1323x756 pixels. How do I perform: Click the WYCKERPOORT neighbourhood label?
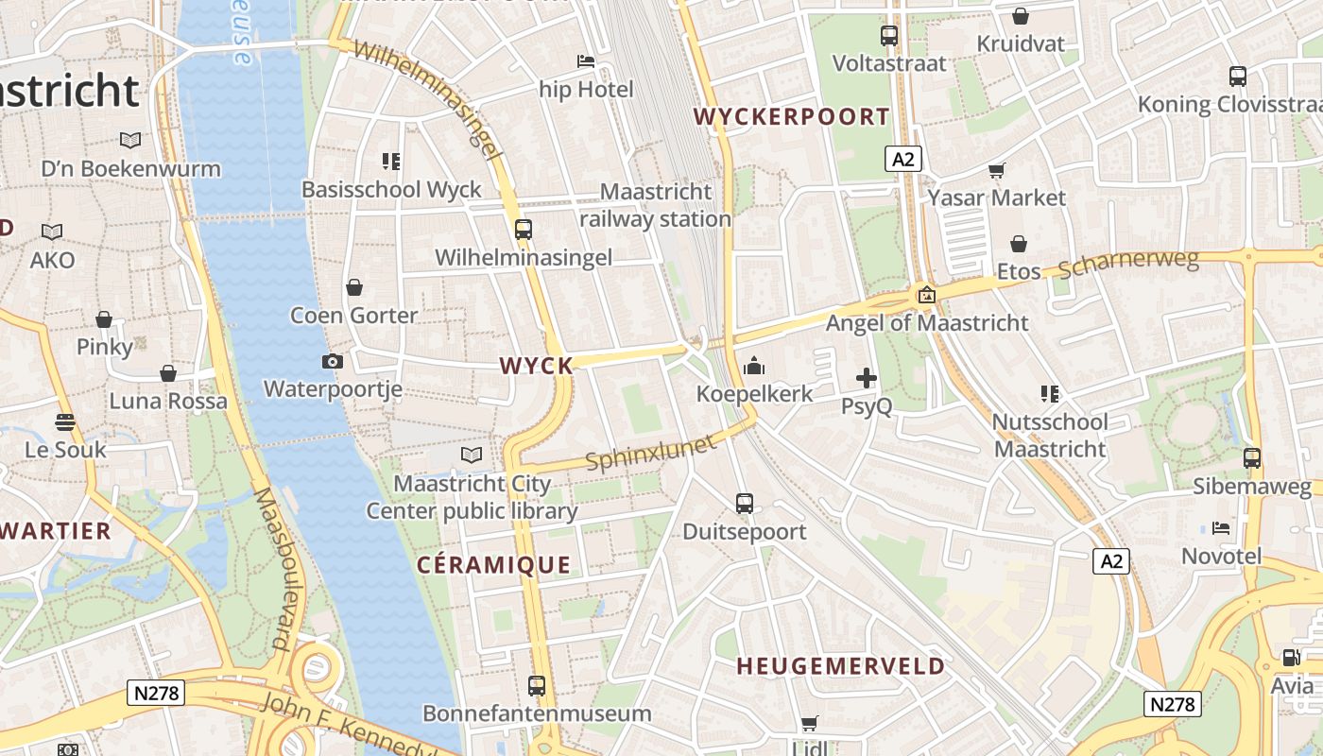coord(792,117)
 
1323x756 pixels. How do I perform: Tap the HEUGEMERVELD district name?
coord(840,666)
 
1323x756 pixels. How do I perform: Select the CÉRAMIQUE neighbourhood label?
coord(494,566)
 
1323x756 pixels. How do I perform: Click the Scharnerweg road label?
coord(1128,264)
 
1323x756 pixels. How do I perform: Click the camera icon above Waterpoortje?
coord(333,361)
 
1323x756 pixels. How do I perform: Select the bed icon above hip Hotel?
coord(586,62)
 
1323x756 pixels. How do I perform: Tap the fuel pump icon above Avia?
coord(1291,658)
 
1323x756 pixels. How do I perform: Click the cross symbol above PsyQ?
coord(867,379)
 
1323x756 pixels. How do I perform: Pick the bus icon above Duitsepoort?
coord(745,504)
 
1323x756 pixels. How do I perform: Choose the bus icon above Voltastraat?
coord(889,36)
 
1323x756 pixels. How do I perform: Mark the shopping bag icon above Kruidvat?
coord(1021,16)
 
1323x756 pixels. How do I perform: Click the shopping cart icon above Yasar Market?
coord(997,170)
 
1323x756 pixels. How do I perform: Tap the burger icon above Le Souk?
coord(65,421)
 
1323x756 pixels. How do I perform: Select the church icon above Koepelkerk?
coord(754,366)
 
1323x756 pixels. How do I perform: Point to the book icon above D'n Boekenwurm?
coord(130,141)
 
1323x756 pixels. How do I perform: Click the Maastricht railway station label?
coord(656,205)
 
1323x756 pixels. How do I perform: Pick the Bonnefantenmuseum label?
coord(537,713)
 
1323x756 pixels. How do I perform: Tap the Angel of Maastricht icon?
coord(927,295)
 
